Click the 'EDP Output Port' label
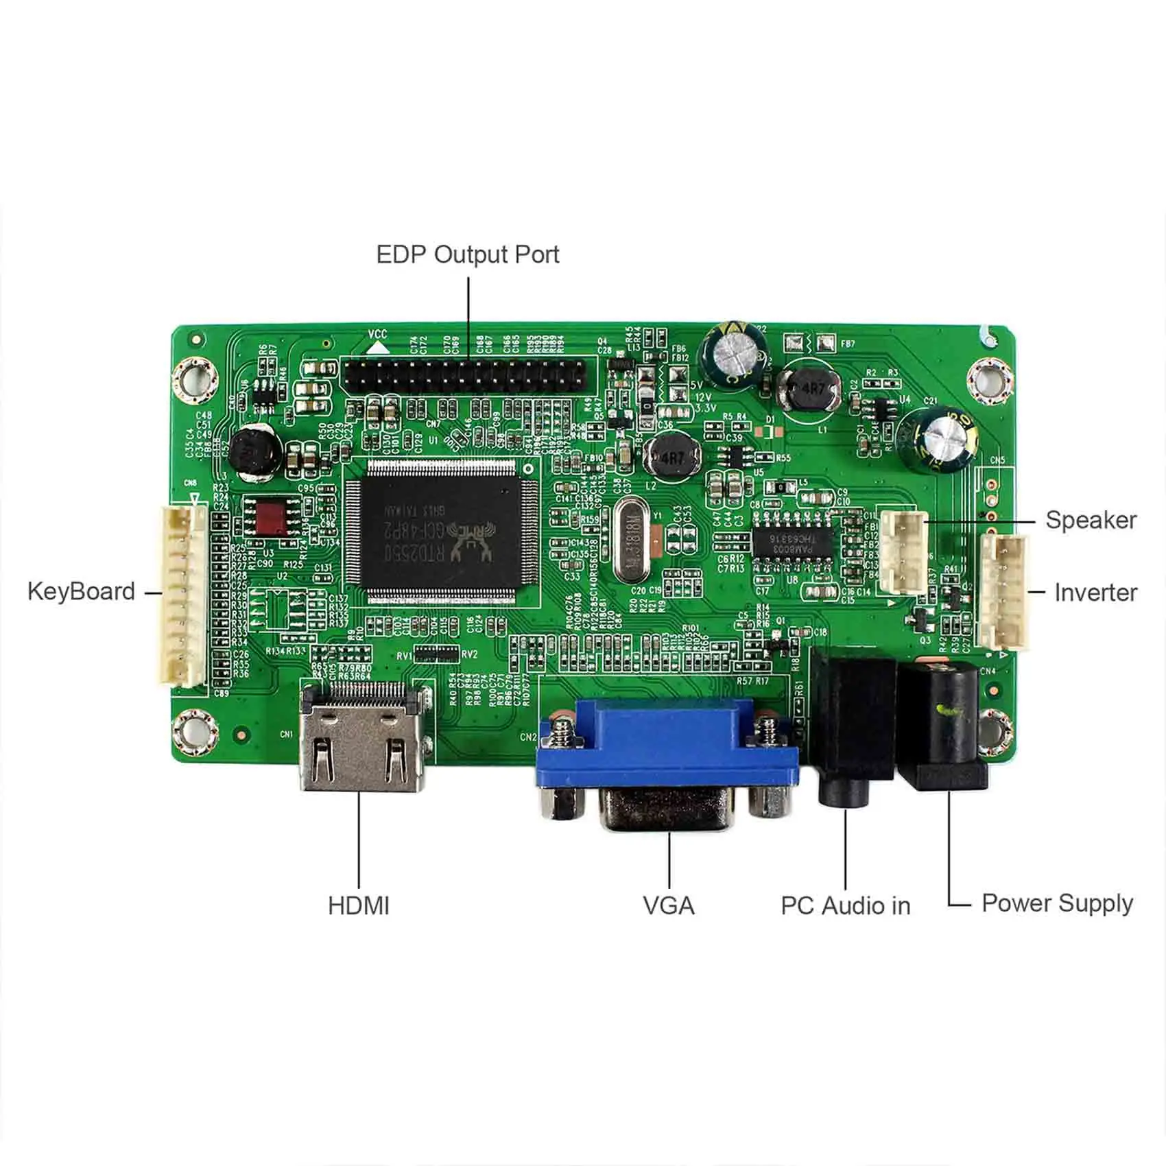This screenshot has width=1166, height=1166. click(x=468, y=254)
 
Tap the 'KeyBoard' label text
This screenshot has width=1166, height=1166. click(x=81, y=591)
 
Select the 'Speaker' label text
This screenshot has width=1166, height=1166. click(x=1091, y=520)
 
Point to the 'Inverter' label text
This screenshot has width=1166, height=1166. click(x=1095, y=593)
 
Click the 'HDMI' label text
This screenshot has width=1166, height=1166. click(x=359, y=905)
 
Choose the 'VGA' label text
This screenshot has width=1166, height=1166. click(x=669, y=905)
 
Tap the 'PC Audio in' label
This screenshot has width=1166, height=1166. click(x=846, y=905)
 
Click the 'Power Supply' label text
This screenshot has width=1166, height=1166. click(x=1057, y=903)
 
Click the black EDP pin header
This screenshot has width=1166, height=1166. click(x=465, y=374)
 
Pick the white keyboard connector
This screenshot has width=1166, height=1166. click(x=184, y=595)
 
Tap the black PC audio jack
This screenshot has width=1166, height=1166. click(x=850, y=727)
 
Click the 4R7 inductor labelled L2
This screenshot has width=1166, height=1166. click(x=675, y=457)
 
